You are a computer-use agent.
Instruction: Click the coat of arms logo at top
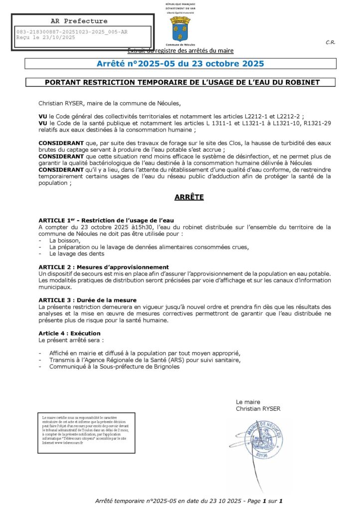click(180, 28)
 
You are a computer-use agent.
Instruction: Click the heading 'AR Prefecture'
click(79, 21)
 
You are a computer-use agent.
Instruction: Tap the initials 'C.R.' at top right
click(330, 42)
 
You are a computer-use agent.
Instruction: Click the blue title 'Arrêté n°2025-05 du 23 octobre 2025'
click(180, 64)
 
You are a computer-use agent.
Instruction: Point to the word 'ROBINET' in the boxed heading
click(301, 82)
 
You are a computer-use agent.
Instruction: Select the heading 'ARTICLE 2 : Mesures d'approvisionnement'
click(104, 267)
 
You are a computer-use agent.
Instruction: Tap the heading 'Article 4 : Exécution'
click(69, 333)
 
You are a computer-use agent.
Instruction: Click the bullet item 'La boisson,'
click(65, 241)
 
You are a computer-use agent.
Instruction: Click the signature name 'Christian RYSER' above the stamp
click(258, 409)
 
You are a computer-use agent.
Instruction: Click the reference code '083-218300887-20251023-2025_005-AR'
click(72, 32)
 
